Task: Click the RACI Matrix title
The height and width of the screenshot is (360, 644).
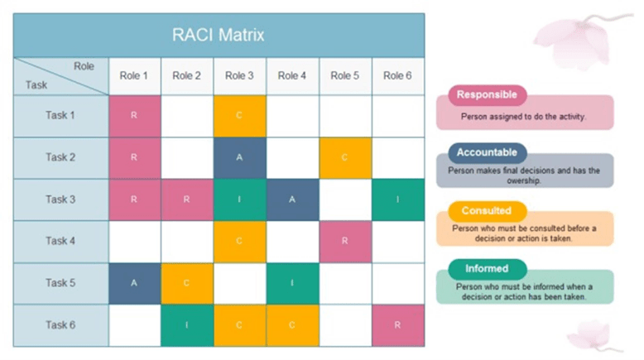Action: [x=219, y=36]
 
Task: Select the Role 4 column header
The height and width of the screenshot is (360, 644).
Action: [x=292, y=76]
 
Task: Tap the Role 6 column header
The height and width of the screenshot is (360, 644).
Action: [x=397, y=76]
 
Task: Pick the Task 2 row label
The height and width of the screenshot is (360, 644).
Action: [x=60, y=157]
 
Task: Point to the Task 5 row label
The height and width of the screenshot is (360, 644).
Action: [x=60, y=283]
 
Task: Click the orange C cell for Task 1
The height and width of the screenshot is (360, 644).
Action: [x=239, y=116]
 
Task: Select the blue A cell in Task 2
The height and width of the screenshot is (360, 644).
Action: [x=239, y=157]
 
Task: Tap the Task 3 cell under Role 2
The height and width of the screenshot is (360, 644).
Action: [x=187, y=199]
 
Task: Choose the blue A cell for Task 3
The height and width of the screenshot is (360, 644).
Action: [x=292, y=199]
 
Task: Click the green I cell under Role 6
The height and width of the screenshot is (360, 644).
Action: [x=397, y=199]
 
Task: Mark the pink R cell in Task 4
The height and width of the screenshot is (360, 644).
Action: [x=345, y=241]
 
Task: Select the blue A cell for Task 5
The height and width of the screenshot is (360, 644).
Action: [x=134, y=283]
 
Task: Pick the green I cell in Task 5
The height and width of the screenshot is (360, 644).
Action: [x=292, y=283]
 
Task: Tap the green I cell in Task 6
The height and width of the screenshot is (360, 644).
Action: [x=187, y=325]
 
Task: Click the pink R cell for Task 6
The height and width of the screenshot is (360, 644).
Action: [x=397, y=325]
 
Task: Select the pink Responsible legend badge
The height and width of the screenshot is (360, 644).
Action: [x=487, y=94]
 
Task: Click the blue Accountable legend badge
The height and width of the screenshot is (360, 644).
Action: [x=487, y=152]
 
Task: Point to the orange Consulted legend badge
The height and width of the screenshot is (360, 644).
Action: [x=487, y=211]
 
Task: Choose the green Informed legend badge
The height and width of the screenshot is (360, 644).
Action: [x=487, y=269]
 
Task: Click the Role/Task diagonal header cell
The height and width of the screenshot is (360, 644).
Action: [x=60, y=76]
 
